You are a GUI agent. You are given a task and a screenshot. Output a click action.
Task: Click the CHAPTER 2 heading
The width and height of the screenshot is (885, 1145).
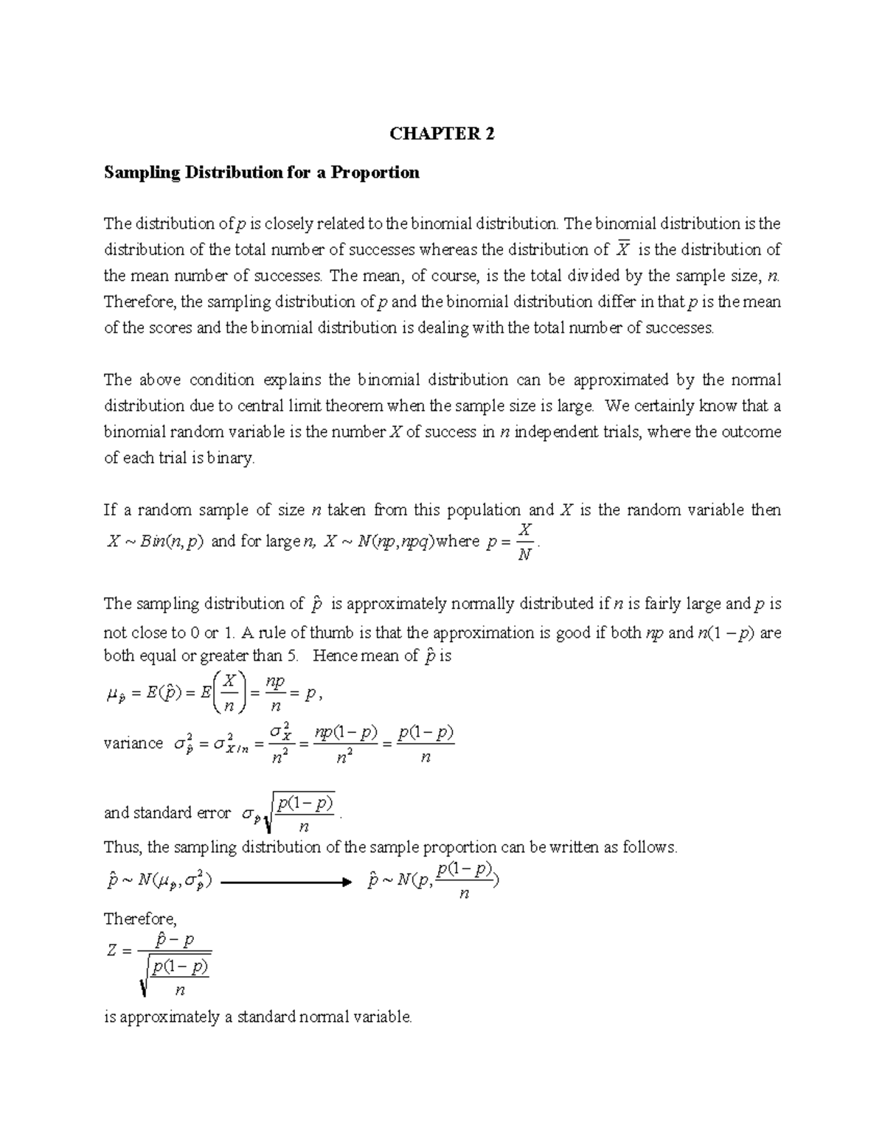(442, 133)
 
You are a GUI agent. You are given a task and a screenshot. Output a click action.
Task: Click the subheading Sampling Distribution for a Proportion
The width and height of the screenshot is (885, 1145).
(261, 173)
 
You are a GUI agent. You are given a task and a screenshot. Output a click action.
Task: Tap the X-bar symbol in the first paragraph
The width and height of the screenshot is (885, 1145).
(622, 248)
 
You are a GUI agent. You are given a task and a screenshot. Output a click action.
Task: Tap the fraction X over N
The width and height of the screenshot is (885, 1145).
(525, 542)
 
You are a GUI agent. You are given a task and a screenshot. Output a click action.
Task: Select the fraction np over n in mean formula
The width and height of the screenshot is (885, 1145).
(275, 694)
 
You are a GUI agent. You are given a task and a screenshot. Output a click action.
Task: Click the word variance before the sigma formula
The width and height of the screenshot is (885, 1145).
(133, 743)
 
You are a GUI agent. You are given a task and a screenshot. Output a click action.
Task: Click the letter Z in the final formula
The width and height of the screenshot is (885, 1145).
(111, 950)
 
